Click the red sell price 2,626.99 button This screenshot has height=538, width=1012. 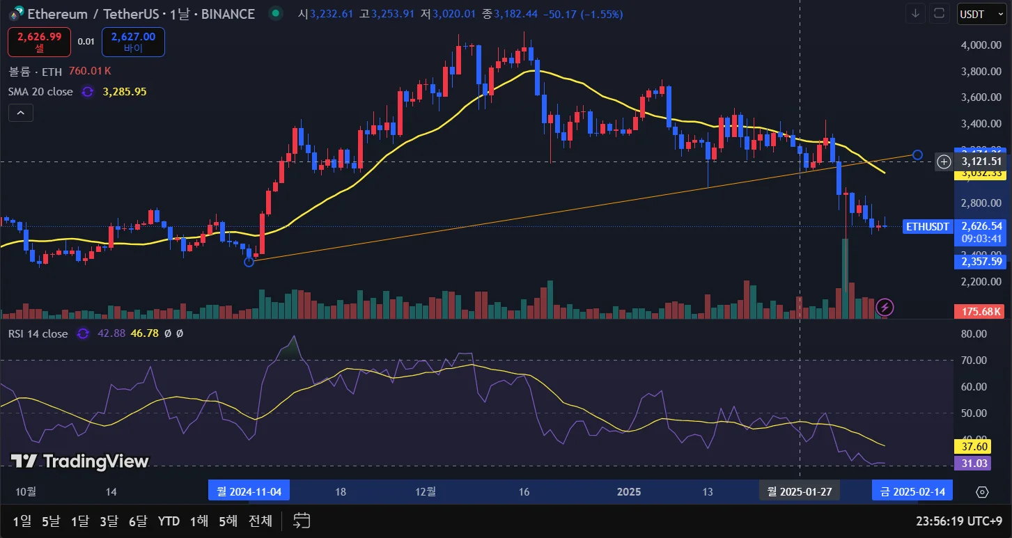tap(39, 42)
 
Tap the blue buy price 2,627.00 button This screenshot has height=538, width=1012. tap(133, 42)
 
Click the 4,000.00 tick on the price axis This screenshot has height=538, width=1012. tap(980, 45)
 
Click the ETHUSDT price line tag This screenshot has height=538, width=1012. tap(927, 226)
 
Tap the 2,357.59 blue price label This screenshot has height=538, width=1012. tap(981, 262)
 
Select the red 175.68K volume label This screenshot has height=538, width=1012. tap(981, 311)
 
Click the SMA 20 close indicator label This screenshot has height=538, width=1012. tap(40, 91)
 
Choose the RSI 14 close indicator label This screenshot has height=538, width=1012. tap(38, 333)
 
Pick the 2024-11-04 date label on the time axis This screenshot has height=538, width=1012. tap(249, 492)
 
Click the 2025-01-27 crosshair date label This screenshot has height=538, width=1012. tap(800, 492)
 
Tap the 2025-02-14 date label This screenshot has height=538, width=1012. tap(912, 492)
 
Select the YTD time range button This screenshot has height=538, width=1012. tap(169, 521)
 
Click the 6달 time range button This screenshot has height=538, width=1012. tap(138, 521)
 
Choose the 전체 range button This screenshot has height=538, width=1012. tap(260, 521)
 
